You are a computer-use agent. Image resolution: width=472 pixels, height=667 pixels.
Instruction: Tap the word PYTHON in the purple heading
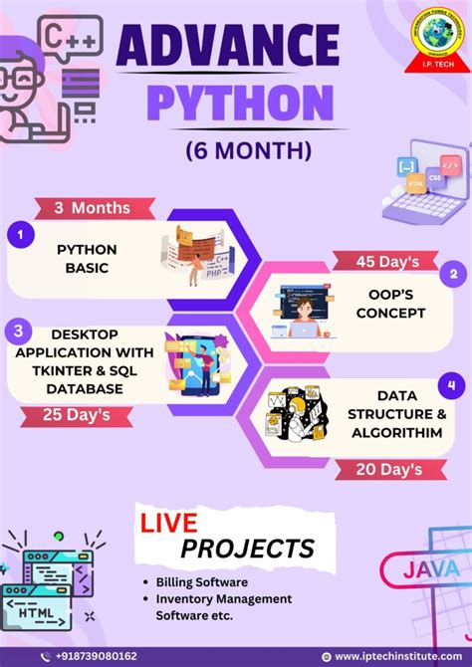pyautogui.click(x=240, y=103)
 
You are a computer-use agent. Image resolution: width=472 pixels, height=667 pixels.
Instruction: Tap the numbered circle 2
pyautogui.click(x=453, y=274)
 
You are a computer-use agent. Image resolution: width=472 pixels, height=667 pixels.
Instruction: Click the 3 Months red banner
pyautogui.click(x=94, y=208)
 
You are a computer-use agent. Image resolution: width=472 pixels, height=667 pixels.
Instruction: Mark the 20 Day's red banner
pyautogui.click(x=388, y=468)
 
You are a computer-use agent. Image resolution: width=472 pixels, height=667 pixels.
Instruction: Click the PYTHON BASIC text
pyautogui.click(x=87, y=258)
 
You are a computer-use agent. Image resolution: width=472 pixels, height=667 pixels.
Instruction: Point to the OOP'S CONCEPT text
pyautogui.click(x=390, y=304)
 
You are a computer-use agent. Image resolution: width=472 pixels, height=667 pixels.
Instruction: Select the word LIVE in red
pyautogui.click(x=170, y=523)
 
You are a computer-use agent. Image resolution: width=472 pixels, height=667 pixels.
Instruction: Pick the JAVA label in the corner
pyautogui.click(x=430, y=570)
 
